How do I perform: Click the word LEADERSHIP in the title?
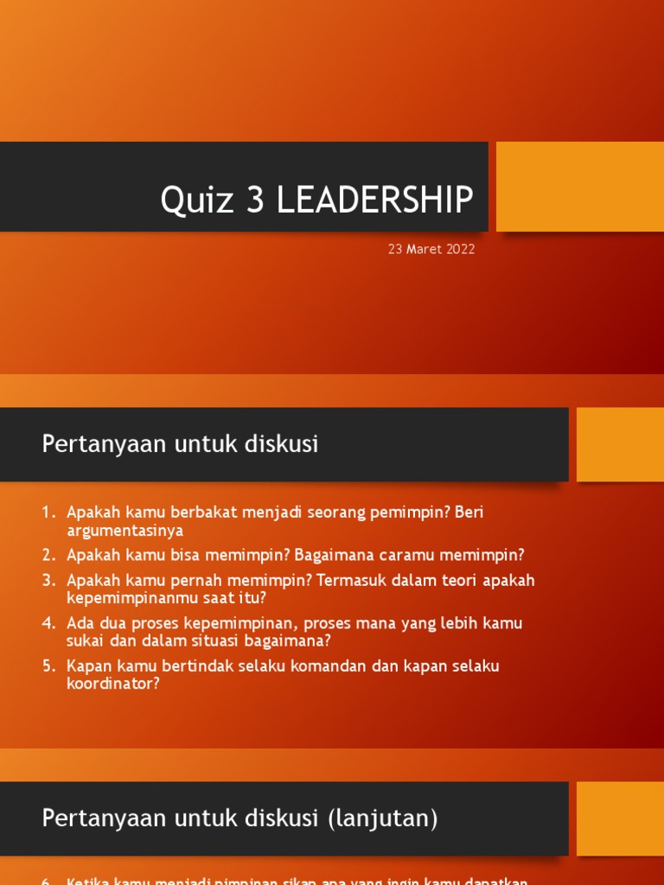375,201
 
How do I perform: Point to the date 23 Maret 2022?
431,250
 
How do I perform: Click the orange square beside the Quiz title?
579,187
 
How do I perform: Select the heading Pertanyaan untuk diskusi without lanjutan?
180,444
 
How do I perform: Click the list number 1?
48,513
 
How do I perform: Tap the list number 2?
48,555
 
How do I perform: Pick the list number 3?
48,580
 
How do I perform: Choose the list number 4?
48,623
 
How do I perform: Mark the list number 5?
48,666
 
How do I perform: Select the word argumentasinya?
124,531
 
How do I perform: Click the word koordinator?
113,684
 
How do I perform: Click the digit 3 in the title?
255,201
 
